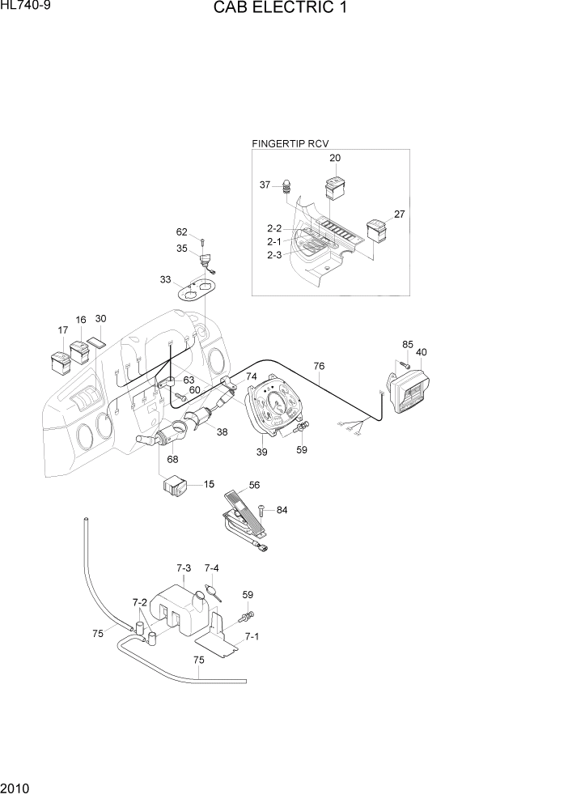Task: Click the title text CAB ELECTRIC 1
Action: click(x=283, y=9)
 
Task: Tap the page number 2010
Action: click(x=15, y=789)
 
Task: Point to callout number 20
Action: click(x=334, y=158)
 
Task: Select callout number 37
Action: click(x=265, y=185)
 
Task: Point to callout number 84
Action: click(x=282, y=510)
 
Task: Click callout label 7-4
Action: click(x=211, y=568)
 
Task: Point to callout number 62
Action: click(x=182, y=232)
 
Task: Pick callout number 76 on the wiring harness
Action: click(x=320, y=367)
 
